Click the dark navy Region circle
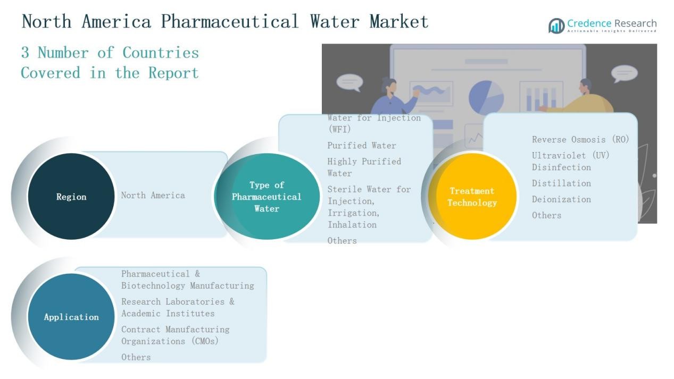pos(71,196)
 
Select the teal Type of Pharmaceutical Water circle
pos(267,196)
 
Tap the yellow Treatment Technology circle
pos(472,196)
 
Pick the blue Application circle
pos(71,317)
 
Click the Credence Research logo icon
pos(556,26)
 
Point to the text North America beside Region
pos(153,195)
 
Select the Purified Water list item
pos(362,145)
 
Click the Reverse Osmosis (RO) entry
pos(580,139)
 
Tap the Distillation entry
pos(561,183)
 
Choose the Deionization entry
pos(561,199)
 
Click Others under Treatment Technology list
pos(546,215)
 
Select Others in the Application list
pos(136,357)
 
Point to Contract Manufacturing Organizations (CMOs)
pos(175,335)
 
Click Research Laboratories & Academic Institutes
pos(178,307)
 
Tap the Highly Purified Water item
pos(364,167)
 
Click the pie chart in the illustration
pos(486,97)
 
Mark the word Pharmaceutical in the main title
pos(230,22)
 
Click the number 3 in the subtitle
pos(25,53)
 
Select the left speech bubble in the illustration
pos(350,82)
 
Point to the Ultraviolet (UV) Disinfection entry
pos(570,161)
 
